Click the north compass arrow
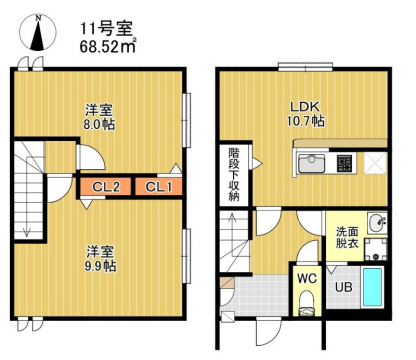click(x=37, y=32)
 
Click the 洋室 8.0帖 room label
click(x=98, y=118)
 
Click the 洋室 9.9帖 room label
click(x=98, y=258)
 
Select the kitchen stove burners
click(x=345, y=162)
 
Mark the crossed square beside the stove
click(x=376, y=162)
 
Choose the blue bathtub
click(x=374, y=289)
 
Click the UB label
click(x=343, y=289)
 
